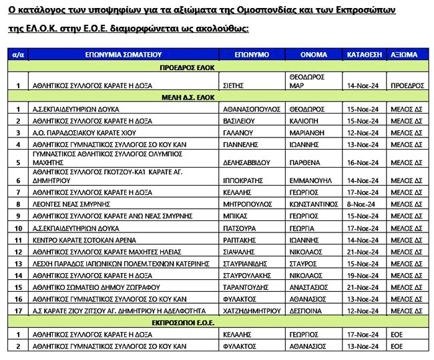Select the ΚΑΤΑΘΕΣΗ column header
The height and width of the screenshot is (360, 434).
(364, 55)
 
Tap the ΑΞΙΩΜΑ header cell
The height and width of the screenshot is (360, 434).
(405, 55)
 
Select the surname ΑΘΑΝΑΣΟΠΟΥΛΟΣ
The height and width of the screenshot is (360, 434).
(250, 108)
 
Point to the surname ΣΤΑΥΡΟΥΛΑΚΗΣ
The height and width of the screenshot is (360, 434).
(248, 275)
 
